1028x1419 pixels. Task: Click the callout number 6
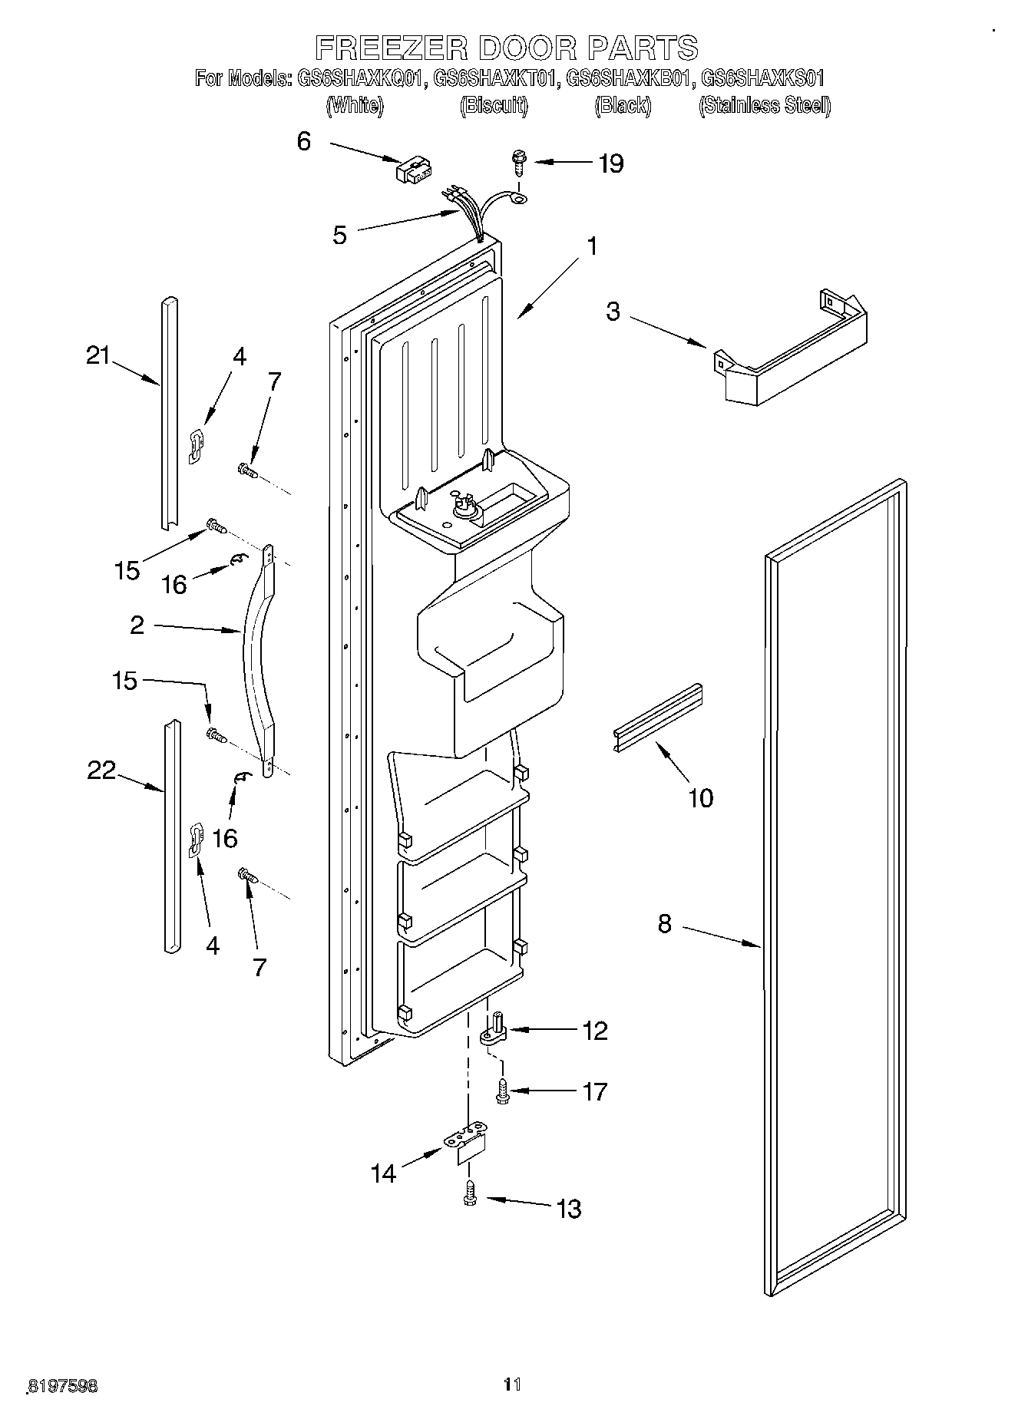304,141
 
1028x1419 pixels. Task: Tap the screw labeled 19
518,163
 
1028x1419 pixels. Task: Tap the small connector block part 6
414,170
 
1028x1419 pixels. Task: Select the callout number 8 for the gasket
664,924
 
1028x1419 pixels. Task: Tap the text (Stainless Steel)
764,105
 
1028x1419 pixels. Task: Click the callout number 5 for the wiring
339,235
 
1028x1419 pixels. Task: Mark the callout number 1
591,246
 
